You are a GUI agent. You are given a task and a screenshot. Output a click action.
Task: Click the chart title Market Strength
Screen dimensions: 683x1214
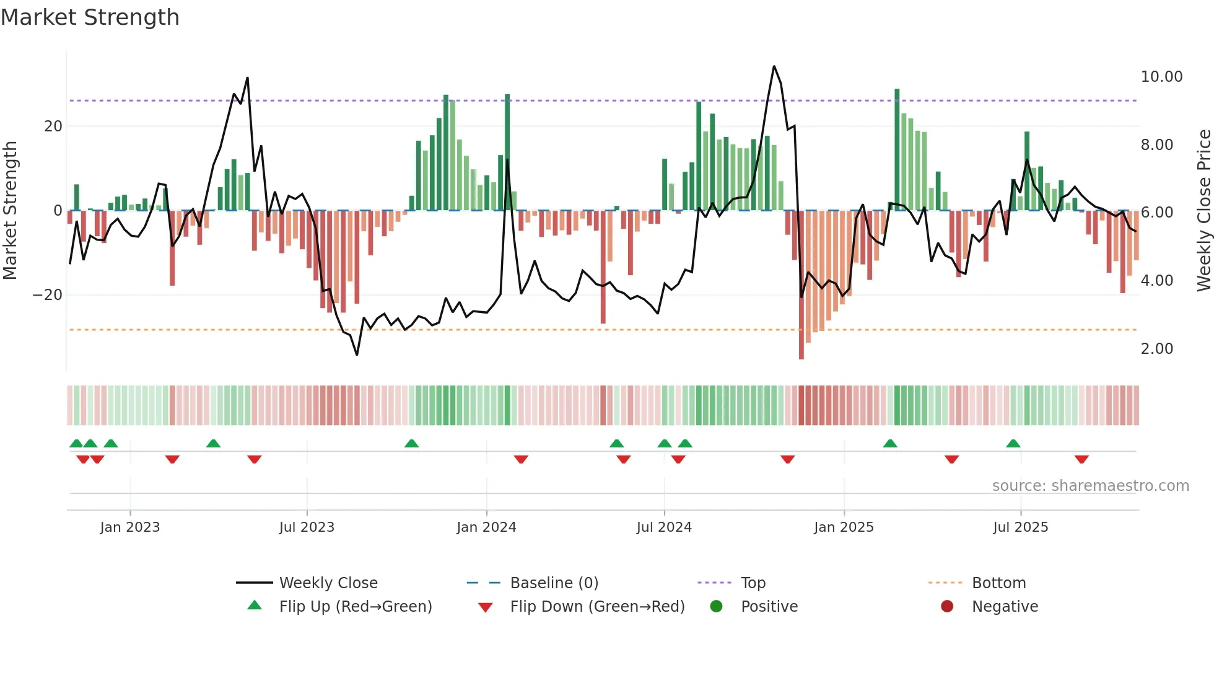(90, 17)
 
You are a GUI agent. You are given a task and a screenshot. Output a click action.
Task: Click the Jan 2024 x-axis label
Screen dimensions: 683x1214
(486, 527)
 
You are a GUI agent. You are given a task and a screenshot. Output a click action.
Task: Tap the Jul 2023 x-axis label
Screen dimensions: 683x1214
(307, 527)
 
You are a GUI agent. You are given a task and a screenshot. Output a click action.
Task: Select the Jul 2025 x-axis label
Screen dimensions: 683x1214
(1020, 527)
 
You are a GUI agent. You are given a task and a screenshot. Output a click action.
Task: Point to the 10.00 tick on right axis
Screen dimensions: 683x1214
(1161, 77)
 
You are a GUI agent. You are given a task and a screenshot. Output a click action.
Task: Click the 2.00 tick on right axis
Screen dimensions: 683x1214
(1156, 349)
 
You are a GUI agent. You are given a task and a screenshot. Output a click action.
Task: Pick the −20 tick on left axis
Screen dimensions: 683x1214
(48, 295)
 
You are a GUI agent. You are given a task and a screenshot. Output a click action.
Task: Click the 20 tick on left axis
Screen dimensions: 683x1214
(53, 126)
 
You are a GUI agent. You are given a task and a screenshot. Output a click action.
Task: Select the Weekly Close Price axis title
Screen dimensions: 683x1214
(1203, 211)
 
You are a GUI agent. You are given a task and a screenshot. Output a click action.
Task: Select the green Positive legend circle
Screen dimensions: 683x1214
(716, 606)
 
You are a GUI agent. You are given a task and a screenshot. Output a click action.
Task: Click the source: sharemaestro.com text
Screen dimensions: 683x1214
(1090, 485)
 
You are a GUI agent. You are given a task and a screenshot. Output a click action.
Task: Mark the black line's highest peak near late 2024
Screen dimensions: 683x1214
(774, 67)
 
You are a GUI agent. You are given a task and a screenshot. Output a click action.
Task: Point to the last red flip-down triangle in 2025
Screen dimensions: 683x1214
(1081, 459)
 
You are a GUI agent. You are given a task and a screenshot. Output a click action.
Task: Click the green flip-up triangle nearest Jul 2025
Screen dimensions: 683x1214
(1013, 443)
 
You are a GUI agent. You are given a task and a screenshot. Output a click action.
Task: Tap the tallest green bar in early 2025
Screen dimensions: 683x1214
(897, 149)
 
